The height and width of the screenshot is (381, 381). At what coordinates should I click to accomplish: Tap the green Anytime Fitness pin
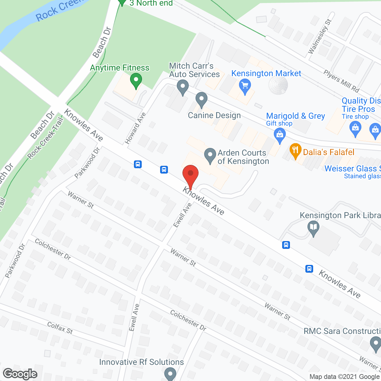click(136, 80)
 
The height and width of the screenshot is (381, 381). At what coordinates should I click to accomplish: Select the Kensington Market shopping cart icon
click(245, 86)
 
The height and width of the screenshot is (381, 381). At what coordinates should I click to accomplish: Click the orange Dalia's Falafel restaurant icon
click(295, 151)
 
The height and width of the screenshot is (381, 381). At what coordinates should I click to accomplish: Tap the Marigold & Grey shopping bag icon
click(279, 135)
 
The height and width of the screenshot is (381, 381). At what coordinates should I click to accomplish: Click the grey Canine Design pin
click(202, 99)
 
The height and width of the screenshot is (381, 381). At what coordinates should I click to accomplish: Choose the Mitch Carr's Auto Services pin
click(182, 87)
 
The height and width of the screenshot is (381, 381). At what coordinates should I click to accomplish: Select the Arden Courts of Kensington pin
click(210, 155)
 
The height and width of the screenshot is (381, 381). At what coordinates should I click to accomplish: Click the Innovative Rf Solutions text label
click(141, 362)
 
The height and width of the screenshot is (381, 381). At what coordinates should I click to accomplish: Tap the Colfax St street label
click(60, 328)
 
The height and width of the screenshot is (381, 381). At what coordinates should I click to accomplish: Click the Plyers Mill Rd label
click(341, 81)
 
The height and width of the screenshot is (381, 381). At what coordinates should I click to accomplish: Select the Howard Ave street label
click(135, 128)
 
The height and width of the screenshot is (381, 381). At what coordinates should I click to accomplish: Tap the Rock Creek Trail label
click(45, 138)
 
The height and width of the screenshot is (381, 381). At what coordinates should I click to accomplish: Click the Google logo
click(20, 374)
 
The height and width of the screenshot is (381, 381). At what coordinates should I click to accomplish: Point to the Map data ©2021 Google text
click(345, 377)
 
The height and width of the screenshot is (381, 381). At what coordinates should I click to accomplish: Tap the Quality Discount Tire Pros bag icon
click(355, 129)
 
